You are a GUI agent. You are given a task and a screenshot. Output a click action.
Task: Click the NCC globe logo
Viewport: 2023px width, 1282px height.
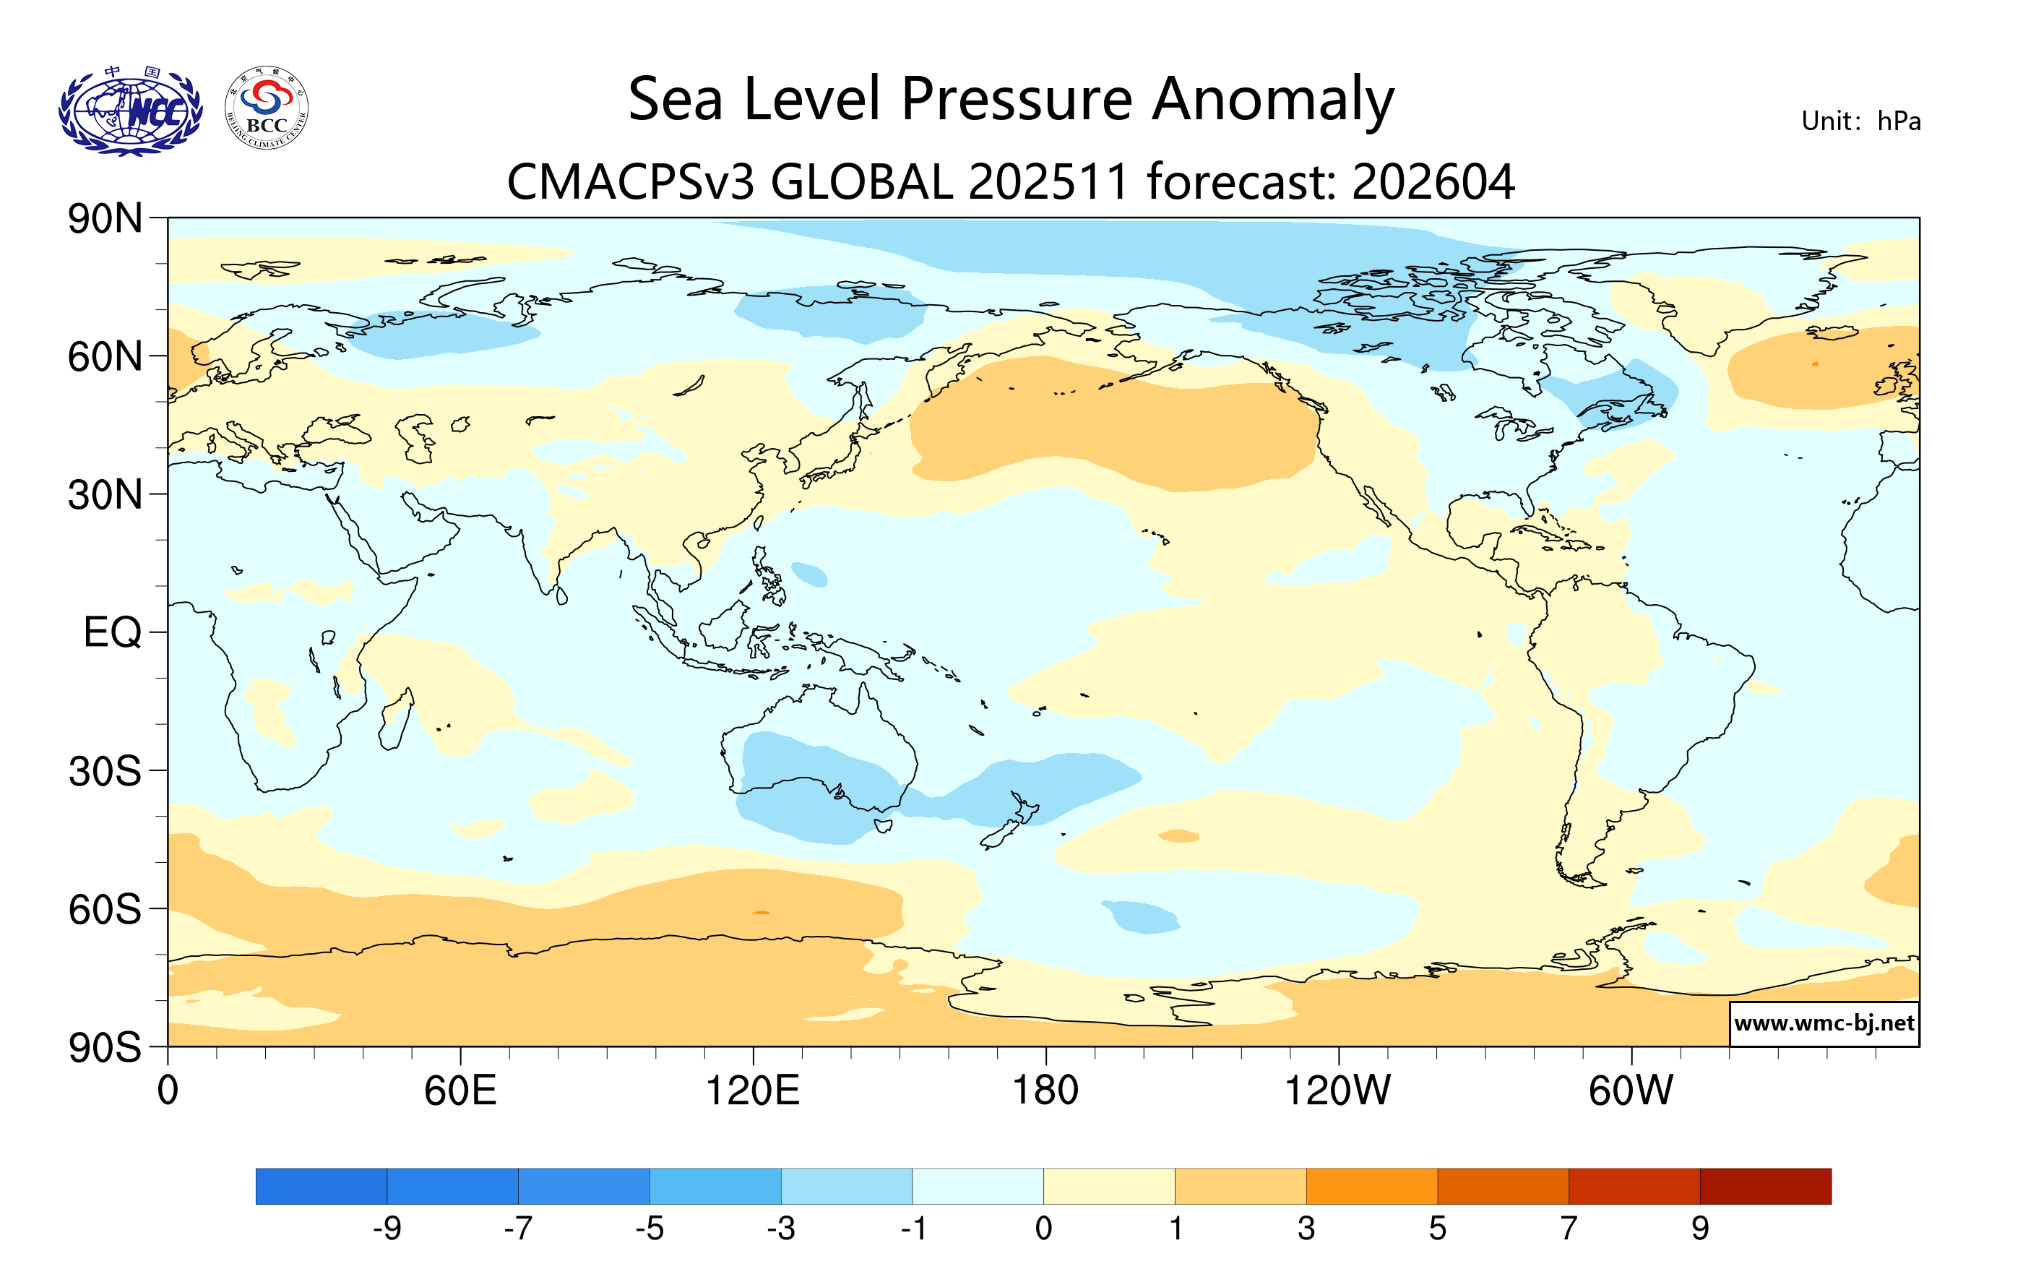(x=130, y=112)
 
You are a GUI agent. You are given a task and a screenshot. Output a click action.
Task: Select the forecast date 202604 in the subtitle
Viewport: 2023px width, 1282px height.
(x=1433, y=182)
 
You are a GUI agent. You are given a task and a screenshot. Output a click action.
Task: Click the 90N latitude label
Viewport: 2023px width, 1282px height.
(x=105, y=219)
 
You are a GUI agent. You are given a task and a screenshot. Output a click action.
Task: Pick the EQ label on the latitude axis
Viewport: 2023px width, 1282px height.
(x=112, y=632)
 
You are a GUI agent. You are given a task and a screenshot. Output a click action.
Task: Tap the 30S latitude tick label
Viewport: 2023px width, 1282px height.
(x=105, y=771)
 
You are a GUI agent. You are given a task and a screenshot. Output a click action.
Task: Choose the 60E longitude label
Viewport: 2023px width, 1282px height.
(x=460, y=1091)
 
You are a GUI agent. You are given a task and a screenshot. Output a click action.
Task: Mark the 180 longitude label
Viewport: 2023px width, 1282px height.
(x=1045, y=1091)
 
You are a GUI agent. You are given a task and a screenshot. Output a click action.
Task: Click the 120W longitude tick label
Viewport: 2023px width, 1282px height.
(x=1337, y=1091)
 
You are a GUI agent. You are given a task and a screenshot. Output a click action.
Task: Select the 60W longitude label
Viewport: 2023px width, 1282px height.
(x=1630, y=1091)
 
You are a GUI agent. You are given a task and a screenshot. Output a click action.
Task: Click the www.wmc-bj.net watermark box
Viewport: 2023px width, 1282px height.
(x=1823, y=1023)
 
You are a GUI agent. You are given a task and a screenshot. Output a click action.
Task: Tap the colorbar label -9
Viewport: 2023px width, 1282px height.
(x=387, y=1229)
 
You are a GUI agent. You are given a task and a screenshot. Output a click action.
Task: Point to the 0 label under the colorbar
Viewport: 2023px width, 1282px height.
(x=1043, y=1229)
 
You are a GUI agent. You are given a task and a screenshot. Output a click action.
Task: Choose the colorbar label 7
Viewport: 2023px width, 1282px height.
(x=1569, y=1229)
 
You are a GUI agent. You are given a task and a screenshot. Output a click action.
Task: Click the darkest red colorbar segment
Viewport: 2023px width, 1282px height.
(x=1765, y=1185)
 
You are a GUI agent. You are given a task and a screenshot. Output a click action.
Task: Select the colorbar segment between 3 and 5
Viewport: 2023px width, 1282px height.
(x=1371, y=1185)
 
